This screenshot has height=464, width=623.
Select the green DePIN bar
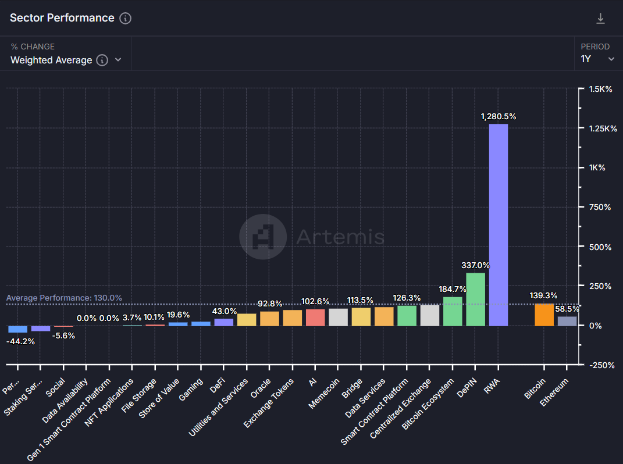(476, 299)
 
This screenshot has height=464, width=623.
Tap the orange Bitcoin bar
(544, 315)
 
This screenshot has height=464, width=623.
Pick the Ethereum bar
(567, 321)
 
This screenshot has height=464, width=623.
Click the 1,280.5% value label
(499, 116)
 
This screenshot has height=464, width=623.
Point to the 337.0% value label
(476, 265)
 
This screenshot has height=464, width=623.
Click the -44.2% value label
(20, 341)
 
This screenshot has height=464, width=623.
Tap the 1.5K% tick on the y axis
(600, 88)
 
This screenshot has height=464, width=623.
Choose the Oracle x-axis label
(261, 390)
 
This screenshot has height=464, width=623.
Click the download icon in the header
(601, 19)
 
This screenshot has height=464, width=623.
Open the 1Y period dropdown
(598, 59)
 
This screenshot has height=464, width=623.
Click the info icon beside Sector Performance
(125, 18)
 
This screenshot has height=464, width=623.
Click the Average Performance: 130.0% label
(64, 298)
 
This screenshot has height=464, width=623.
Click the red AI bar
(315, 317)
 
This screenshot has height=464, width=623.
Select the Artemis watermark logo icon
(263, 237)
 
